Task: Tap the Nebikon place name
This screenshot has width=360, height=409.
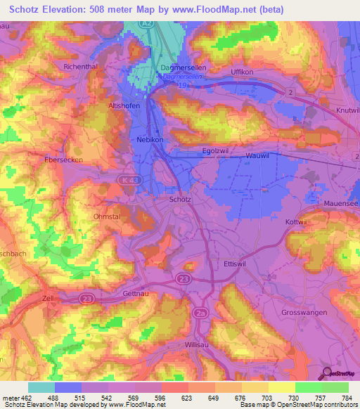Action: (x=148, y=140)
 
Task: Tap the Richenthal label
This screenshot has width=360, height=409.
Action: (x=80, y=66)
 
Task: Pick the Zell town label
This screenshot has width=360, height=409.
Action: (x=49, y=299)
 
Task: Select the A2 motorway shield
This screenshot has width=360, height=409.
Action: (x=147, y=24)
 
